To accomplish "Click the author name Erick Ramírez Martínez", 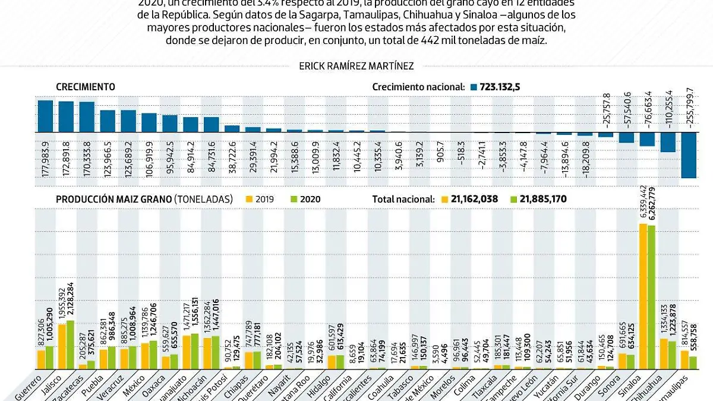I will [356, 67].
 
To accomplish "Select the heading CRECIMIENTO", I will [86, 87].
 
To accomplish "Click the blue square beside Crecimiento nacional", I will [474, 87].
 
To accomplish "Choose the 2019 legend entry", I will [260, 199].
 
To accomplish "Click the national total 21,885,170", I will [541, 199].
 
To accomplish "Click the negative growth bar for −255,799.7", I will [689, 154].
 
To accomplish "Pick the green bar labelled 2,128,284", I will [71, 345].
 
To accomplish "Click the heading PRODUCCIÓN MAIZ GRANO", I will [113, 199].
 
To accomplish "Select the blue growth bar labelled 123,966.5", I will [108, 121].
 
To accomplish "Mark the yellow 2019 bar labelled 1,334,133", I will [664, 354].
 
